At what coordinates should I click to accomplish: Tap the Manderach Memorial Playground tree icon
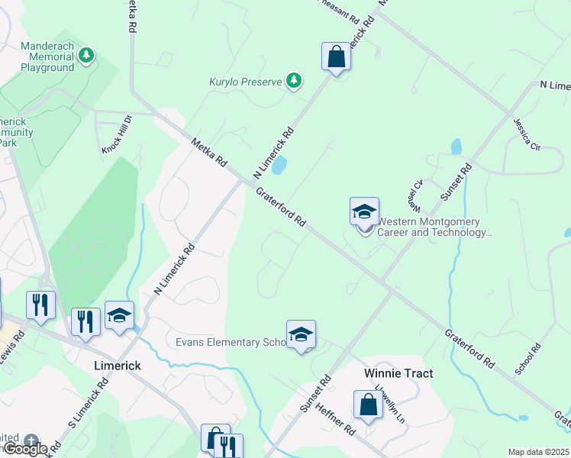pyautogui.click(x=87, y=55)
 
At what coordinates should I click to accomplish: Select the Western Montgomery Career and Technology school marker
pyautogui.click(x=364, y=211)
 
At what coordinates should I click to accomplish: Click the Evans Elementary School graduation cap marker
pyautogui.click(x=301, y=334)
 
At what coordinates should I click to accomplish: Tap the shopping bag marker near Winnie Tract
pyautogui.click(x=368, y=405)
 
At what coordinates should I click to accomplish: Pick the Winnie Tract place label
pyautogui.click(x=398, y=373)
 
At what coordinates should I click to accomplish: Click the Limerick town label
pyautogui.click(x=117, y=366)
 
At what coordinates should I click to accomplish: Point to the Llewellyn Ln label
pyautogui.click(x=395, y=398)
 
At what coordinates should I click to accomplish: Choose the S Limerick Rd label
pyautogui.click(x=89, y=412)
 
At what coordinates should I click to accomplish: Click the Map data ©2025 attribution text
pyautogui.click(x=538, y=452)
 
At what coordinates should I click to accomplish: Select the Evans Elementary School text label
pyautogui.click(x=228, y=342)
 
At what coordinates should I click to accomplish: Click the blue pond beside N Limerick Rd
pyautogui.click(x=279, y=164)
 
